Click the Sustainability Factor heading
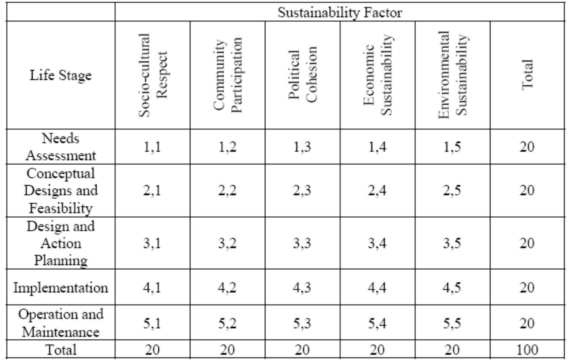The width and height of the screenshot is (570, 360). pos(340,13)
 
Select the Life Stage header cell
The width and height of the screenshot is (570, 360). pos(61,75)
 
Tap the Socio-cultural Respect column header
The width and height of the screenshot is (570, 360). pos(153,75)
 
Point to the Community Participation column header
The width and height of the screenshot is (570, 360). pos(227,75)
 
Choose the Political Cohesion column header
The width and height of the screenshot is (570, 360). pos(302,75)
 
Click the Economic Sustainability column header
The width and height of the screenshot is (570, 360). pos(378,75)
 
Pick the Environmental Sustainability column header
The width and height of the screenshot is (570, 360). pos(453,75)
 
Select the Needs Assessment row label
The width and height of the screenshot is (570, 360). pos(61,147)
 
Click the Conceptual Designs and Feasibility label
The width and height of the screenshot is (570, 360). pos(61,190)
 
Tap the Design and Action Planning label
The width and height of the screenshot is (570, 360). pos(61,243)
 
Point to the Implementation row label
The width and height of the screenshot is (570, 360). pos(61,288)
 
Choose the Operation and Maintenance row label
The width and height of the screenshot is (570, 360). pos(61,323)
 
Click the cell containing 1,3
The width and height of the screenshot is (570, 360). pos(302,147)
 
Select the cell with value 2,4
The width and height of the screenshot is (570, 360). pos(377,190)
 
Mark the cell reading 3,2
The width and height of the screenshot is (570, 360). pos(227,243)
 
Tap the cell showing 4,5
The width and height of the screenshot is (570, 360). pos(452,288)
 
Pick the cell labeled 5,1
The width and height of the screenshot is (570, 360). pos(152,323)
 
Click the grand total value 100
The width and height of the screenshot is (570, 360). pos(527,350)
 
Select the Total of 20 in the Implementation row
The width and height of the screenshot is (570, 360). pos(527,288)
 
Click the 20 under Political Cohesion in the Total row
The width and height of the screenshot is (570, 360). pos(302,350)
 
